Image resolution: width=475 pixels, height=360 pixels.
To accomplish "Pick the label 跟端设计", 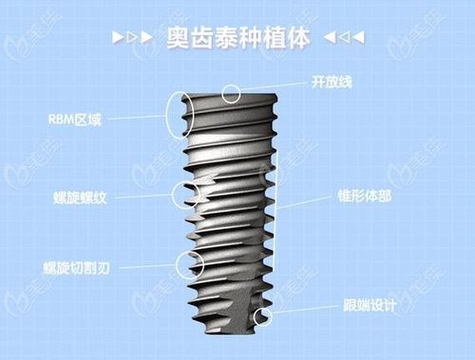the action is [x=367, y=307].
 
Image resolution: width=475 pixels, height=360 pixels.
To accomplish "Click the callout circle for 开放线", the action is [x=230, y=92].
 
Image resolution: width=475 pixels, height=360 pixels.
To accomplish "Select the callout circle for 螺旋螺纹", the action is [x=181, y=194].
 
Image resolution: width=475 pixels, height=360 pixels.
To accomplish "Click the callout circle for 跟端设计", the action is [x=263, y=317].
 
